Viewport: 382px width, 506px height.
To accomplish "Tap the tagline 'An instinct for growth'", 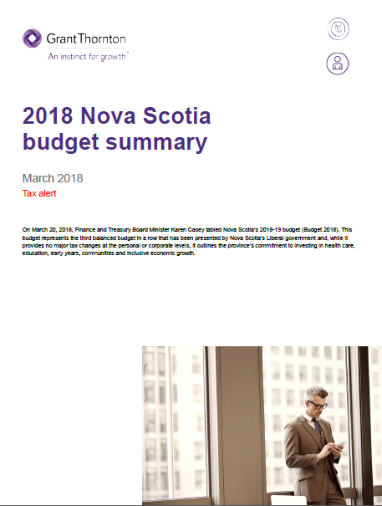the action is pyautogui.click(x=88, y=56).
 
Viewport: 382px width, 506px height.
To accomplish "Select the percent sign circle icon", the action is pyautogui.click(x=339, y=28).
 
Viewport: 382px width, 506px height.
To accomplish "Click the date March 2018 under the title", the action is pyautogui.click(x=53, y=178).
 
